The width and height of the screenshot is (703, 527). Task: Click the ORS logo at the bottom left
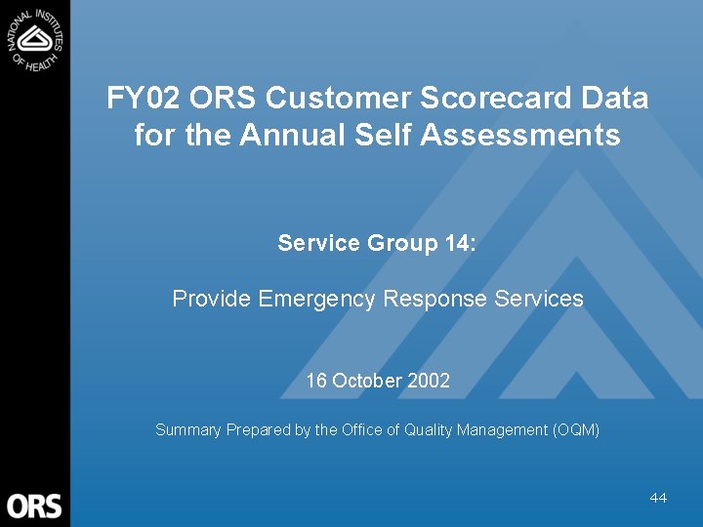click(34, 506)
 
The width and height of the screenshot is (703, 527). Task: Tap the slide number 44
click(658, 498)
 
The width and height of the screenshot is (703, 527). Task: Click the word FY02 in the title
click(145, 99)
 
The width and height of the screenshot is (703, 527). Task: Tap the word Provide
click(212, 299)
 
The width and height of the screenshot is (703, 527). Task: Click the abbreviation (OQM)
click(576, 429)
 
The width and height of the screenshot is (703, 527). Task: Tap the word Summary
click(188, 429)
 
